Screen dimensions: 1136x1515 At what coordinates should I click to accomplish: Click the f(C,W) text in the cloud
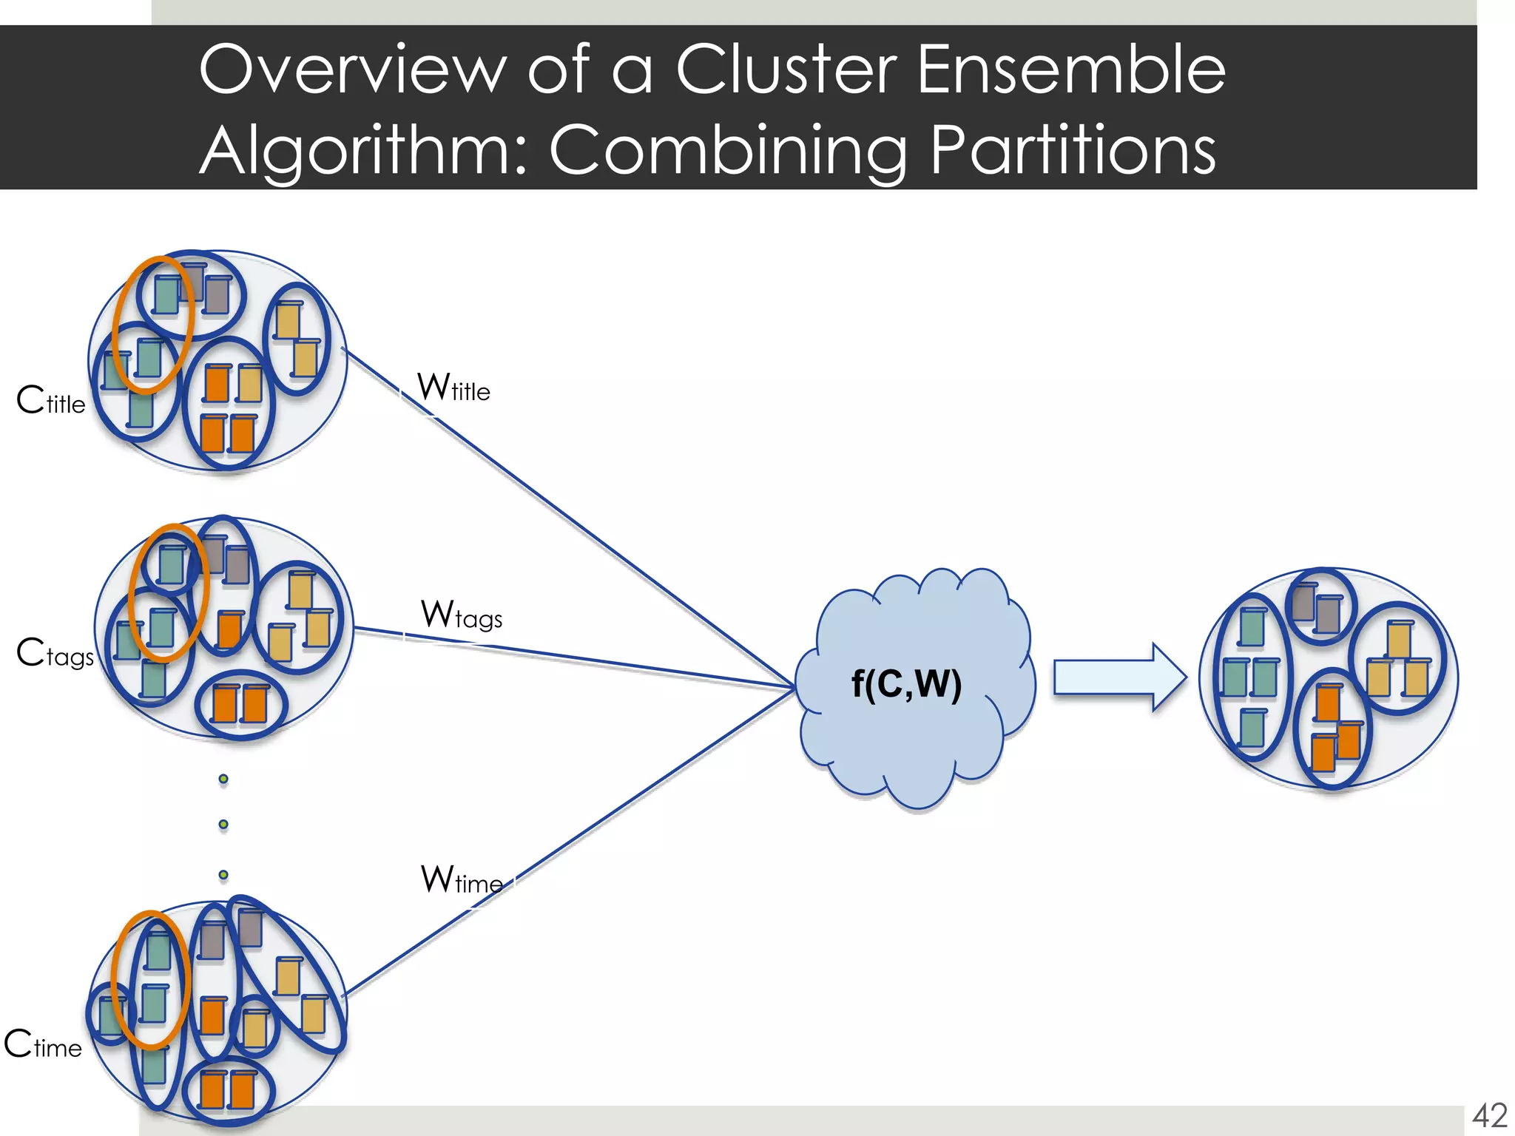tap(906, 683)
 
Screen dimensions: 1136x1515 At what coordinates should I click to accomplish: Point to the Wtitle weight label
tap(453, 388)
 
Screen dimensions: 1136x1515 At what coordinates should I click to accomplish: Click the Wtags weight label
tap(462, 615)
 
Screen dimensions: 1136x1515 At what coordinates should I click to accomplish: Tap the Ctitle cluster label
tap(51, 401)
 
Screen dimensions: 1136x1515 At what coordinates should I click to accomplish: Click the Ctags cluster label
tap(55, 654)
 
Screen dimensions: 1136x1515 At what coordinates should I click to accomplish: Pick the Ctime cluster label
tap(43, 1045)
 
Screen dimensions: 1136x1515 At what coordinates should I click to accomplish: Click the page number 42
tap(1489, 1115)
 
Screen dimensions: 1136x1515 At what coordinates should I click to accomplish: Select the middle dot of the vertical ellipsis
tap(223, 825)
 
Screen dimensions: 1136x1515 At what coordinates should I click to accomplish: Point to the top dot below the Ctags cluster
tap(223, 779)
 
